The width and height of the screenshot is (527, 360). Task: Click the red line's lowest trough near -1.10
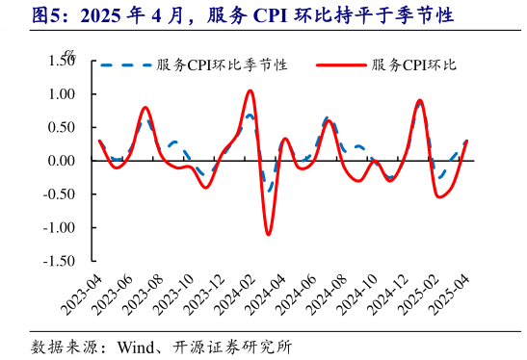(268, 234)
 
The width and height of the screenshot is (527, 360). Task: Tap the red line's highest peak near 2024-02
(250, 90)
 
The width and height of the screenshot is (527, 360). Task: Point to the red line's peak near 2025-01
(420, 100)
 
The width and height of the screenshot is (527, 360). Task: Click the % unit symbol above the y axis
(68, 55)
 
